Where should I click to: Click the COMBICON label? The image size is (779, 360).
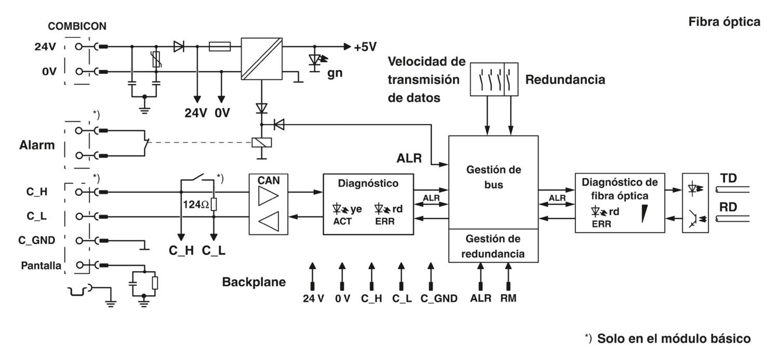tap(77, 26)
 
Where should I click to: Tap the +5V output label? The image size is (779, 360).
tap(365, 47)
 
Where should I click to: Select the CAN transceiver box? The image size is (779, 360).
tap(268, 204)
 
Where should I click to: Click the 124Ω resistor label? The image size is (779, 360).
tap(196, 205)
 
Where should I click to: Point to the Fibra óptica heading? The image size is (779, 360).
tap(724, 22)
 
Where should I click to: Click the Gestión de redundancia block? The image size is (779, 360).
tap(493, 246)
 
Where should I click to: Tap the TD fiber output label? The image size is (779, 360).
tap(728, 178)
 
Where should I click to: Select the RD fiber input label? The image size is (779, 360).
tap(728, 207)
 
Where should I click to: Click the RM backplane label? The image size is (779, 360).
tap(508, 298)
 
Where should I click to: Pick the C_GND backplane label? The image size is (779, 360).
tap(439, 298)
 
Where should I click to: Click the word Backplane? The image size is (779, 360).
tap(254, 282)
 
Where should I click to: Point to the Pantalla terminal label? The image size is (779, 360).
tap(41, 266)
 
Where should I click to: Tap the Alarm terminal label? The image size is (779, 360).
tap(37, 145)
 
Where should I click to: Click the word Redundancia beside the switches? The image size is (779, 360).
tap(565, 79)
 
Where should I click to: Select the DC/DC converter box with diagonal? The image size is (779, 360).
tap(262, 59)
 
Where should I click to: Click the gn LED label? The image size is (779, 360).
tap(334, 73)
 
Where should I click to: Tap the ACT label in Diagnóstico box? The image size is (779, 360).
tap(342, 222)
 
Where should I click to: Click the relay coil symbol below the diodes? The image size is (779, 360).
tap(262, 142)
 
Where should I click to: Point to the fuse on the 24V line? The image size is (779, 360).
tap(220, 46)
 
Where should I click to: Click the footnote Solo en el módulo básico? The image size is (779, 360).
tap(674, 338)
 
